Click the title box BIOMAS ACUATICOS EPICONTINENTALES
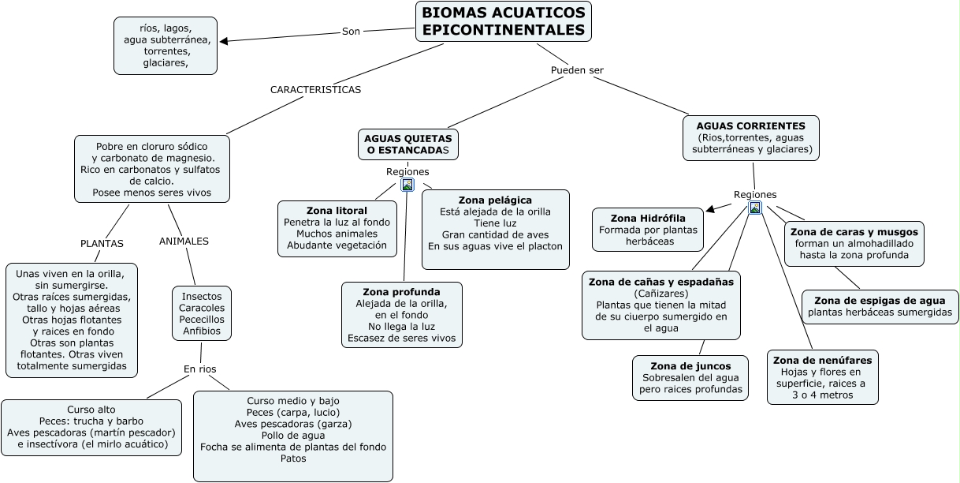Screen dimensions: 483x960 [x=504, y=21]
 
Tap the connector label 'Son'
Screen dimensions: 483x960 [x=351, y=32]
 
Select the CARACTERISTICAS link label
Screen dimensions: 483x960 [x=315, y=90]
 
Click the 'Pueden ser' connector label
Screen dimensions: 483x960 [x=577, y=70]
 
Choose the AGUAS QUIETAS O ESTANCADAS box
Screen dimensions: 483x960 [x=407, y=144]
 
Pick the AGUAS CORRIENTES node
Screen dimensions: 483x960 [x=750, y=137]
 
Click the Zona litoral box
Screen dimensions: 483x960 [x=337, y=228]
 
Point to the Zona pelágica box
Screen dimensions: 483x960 [x=495, y=229]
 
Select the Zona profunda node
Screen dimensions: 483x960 [x=401, y=315]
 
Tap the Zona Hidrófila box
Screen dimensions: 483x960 [x=648, y=230]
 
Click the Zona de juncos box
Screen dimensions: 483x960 [x=690, y=377]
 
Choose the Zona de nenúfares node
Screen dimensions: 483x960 [x=822, y=377]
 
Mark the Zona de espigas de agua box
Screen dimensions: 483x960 [x=880, y=306]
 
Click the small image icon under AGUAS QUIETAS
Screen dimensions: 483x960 [x=407, y=185]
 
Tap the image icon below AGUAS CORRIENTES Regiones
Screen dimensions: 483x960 [x=755, y=208]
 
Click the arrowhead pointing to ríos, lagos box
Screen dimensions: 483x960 [x=225, y=41]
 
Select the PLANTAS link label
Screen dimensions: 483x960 [x=102, y=244]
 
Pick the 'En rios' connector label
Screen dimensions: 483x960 [x=199, y=369]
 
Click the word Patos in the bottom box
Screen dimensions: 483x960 [x=292, y=459]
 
